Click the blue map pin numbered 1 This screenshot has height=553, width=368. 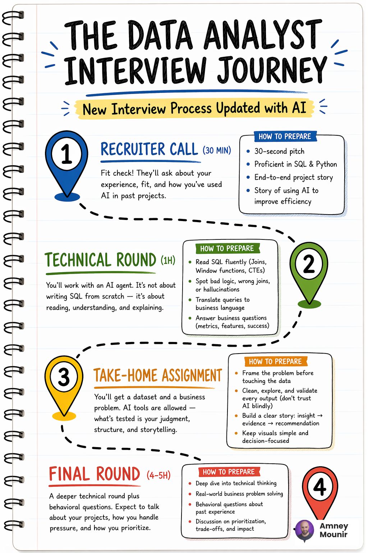click(x=66, y=163)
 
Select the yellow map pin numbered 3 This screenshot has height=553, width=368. click(x=64, y=385)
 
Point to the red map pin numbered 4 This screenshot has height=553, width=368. click(x=320, y=491)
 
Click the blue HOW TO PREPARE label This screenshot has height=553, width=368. click(x=285, y=136)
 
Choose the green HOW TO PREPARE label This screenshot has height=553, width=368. click(x=227, y=248)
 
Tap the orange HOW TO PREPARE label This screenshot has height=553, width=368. click(x=275, y=361)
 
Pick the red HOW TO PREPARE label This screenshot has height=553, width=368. click(x=229, y=472)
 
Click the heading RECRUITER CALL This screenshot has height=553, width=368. click(x=149, y=149)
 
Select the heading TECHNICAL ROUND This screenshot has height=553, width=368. click(x=100, y=260)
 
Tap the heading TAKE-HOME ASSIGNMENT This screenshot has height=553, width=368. click(x=158, y=375)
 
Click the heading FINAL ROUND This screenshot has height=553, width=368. click(x=95, y=474)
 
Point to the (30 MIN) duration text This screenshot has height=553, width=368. click(x=217, y=150)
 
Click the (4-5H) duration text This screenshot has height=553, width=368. click(x=158, y=475)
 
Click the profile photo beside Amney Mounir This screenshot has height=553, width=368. click(x=305, y=530)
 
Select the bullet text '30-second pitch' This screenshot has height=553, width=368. click(x=279, y=151)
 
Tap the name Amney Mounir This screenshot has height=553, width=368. click(x=334, y=530)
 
